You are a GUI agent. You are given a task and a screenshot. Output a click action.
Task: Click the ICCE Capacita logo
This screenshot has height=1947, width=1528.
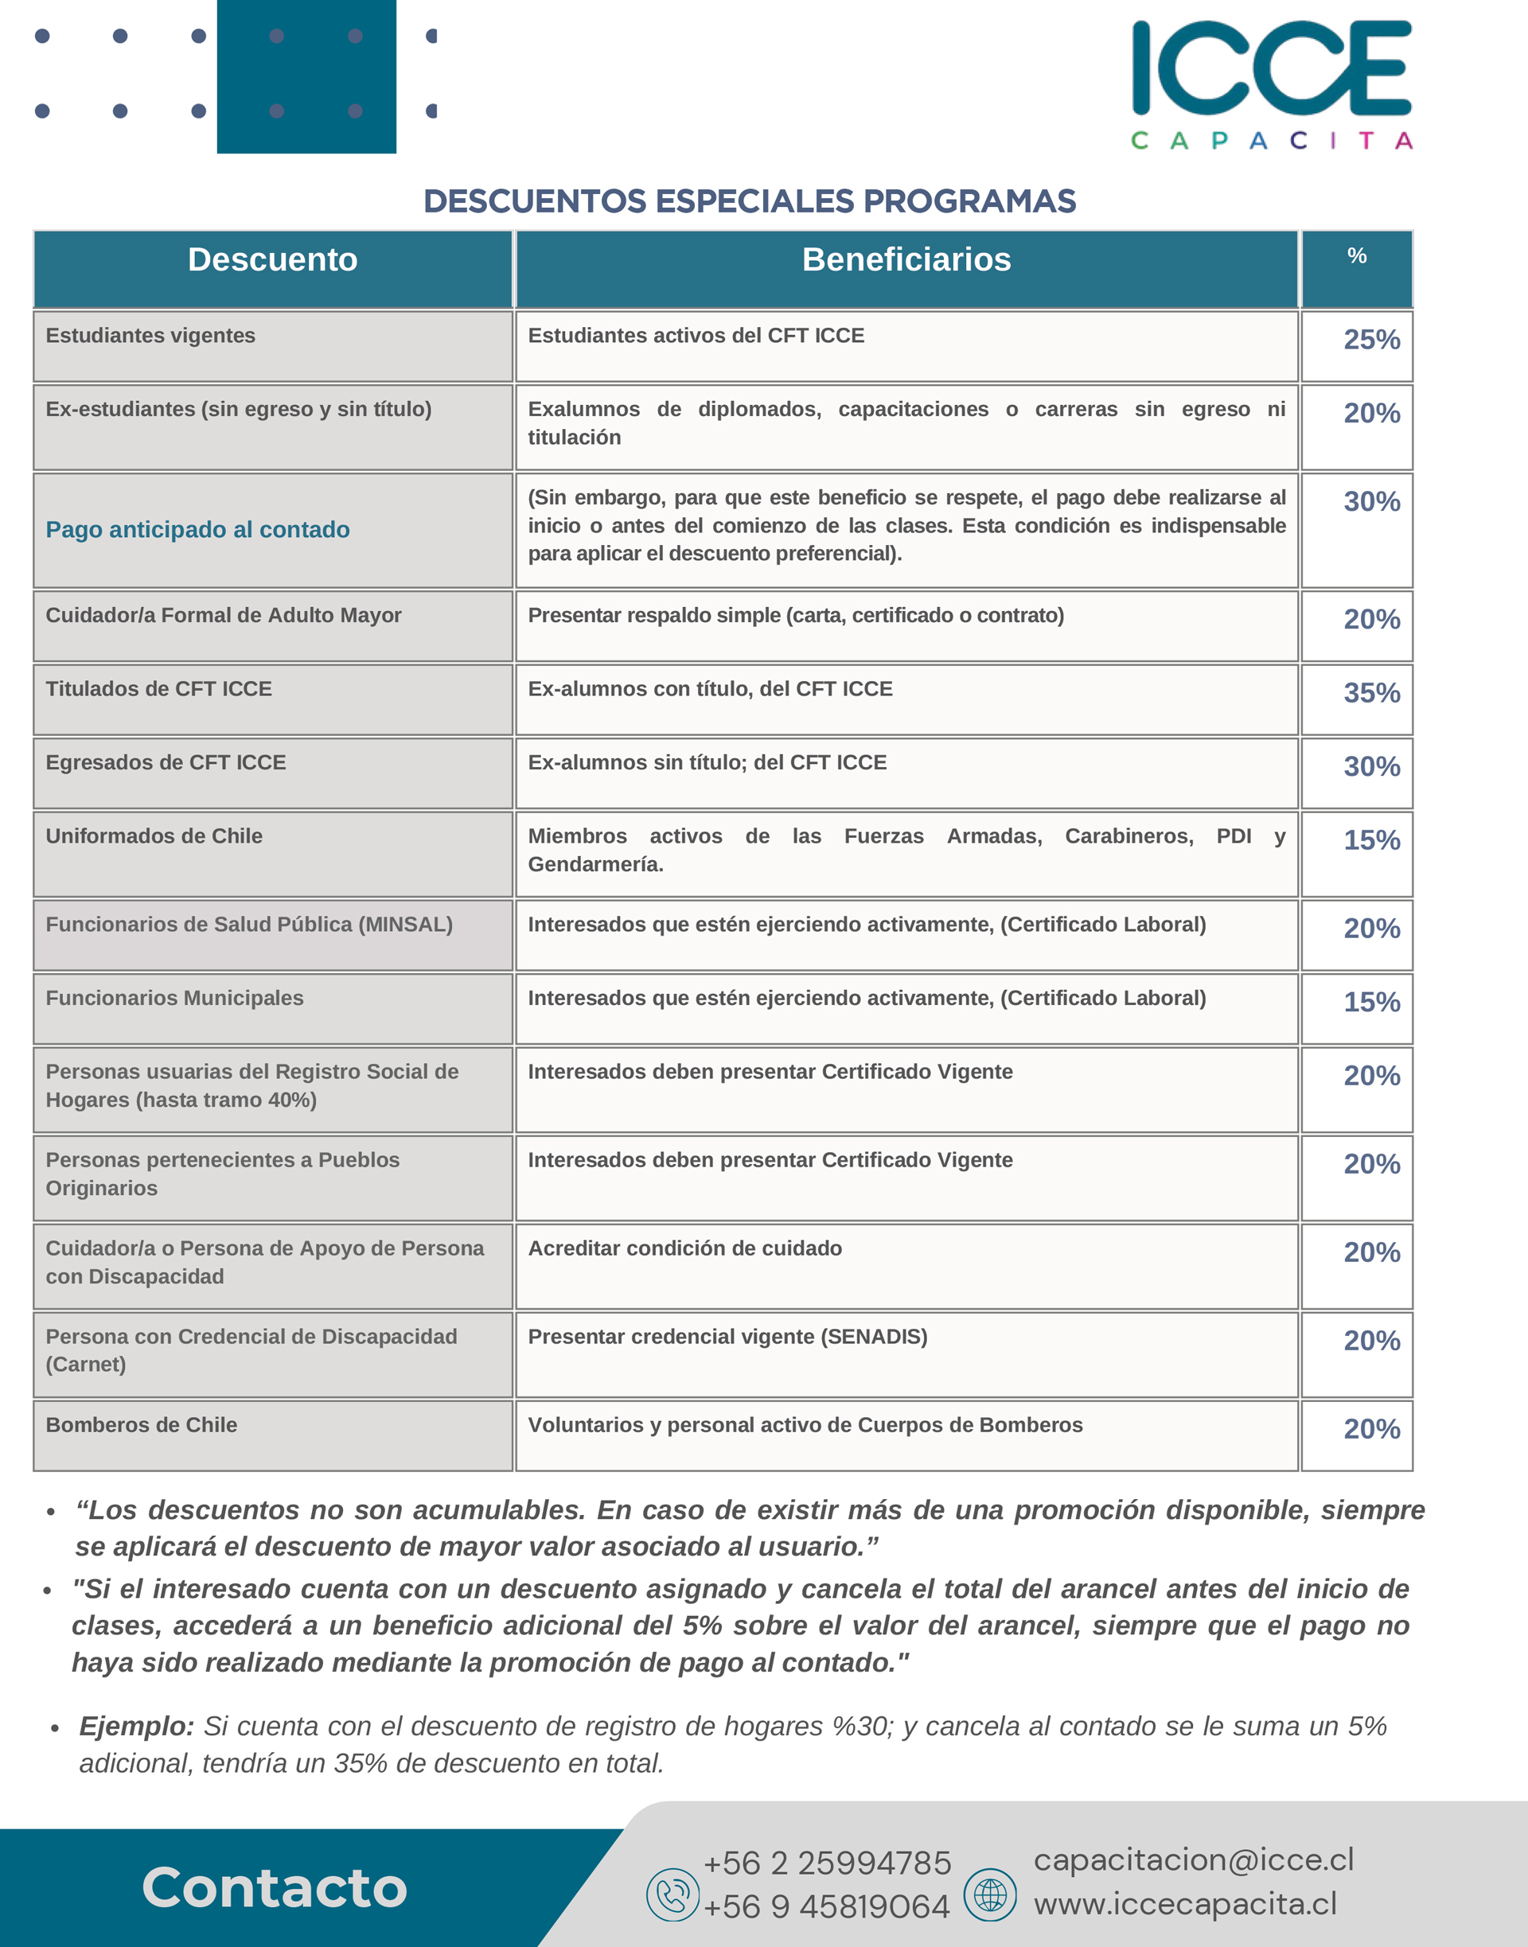tap(1271, 84)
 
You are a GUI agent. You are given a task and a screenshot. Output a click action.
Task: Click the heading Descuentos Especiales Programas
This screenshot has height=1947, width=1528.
tap(750, 201)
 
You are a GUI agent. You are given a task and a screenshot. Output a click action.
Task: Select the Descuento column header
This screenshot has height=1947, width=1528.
tap(273, 260)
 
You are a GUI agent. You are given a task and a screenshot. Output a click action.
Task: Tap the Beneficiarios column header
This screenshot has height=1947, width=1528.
tap(906, 260)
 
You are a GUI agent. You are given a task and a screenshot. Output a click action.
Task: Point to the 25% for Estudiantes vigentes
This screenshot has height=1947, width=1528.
tap(1371, 340)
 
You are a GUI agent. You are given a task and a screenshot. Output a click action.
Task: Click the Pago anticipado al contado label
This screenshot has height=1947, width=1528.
tap(197, 529)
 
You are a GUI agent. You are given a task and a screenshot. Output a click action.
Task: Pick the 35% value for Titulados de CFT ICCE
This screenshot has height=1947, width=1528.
tap(1371, 693)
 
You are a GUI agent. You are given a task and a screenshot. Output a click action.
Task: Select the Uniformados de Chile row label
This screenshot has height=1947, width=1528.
tap(154, 836)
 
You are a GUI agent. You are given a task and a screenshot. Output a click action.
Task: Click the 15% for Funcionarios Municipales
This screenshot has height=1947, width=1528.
tap(1371, 1003)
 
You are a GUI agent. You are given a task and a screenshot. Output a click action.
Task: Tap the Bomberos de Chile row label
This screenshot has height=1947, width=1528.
tap(142, 1425)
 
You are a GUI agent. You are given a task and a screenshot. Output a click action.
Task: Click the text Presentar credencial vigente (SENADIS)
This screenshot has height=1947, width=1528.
tap(727, 1336)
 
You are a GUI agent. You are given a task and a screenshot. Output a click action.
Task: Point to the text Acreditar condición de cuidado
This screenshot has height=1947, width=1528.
tap(684, 1248)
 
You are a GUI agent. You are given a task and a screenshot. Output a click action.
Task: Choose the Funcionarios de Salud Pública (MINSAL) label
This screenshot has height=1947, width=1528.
tap(249, 925)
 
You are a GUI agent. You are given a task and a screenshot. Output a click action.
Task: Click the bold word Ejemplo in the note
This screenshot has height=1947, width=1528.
tap(136, 1726)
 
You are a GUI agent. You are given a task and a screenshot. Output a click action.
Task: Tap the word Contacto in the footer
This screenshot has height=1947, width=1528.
tap(274, 1887)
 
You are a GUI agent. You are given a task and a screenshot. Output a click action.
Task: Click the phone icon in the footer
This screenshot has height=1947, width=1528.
tap(672, 1894)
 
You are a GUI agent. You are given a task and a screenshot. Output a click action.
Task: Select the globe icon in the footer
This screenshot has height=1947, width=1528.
tap(989, 1894)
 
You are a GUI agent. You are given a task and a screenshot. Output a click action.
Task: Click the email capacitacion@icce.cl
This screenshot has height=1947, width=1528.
tap(1194, 1859)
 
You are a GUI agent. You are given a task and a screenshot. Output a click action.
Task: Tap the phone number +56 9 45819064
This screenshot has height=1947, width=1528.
tap(826, 1906)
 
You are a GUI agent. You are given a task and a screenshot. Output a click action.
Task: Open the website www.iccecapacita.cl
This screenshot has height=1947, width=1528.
tap(1185, 1904)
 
